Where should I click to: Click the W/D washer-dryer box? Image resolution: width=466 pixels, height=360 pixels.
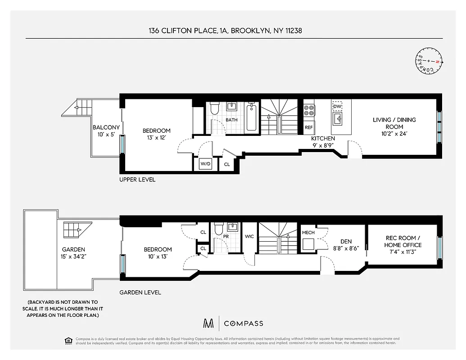205,164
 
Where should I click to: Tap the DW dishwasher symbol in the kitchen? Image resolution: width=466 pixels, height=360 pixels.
337,106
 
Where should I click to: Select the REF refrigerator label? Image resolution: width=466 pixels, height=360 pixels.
309,127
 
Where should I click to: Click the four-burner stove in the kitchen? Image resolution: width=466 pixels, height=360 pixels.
309,111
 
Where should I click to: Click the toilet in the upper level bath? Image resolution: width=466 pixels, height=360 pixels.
215,108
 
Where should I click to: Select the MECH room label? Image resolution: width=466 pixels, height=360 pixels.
308,232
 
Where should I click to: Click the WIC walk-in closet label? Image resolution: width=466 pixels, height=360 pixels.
249,236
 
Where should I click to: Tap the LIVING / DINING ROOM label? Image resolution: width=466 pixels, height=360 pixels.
394,123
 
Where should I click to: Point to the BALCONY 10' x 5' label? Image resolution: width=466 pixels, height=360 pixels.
106,131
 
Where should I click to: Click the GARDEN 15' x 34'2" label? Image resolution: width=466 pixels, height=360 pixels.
74,253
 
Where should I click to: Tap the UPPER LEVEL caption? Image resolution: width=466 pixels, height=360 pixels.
137,180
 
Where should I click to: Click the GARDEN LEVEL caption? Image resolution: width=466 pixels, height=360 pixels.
140,292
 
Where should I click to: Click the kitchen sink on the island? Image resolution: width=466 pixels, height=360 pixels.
337,119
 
